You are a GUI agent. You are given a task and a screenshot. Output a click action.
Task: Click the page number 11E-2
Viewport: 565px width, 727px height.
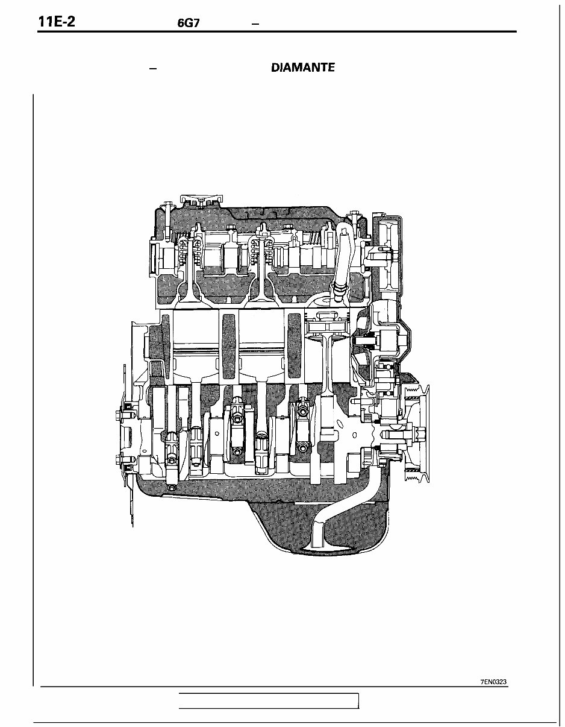57,22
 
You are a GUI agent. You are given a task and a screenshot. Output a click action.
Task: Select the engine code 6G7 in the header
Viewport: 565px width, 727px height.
189,23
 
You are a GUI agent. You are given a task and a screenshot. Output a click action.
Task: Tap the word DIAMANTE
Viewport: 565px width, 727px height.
302,68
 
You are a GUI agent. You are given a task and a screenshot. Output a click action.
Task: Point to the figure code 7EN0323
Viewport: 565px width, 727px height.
493,680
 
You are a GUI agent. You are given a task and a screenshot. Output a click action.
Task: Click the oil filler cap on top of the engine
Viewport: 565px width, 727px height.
201,201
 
